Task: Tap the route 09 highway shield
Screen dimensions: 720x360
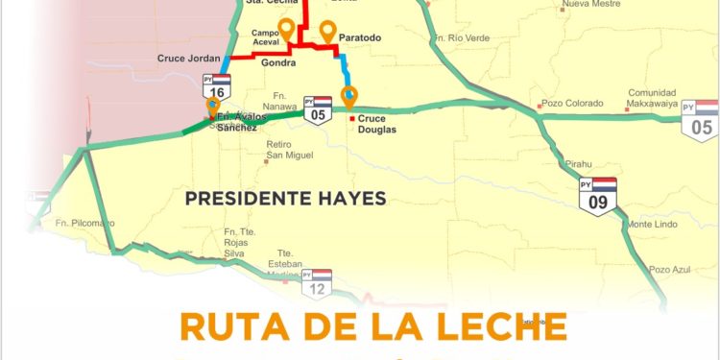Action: [598, 194]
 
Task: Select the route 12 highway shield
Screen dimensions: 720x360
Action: [318, 282]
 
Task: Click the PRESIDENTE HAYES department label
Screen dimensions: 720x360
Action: [285, 199]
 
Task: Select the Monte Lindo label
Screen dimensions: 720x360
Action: [652, 224]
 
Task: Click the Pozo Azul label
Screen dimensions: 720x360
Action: [669, 270]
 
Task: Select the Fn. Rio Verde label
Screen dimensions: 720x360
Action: [462, 38]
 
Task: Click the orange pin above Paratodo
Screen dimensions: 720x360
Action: [328, 31]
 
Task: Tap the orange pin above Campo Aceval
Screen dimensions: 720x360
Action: [285, 28]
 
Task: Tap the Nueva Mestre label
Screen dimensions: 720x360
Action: [591, 4]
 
